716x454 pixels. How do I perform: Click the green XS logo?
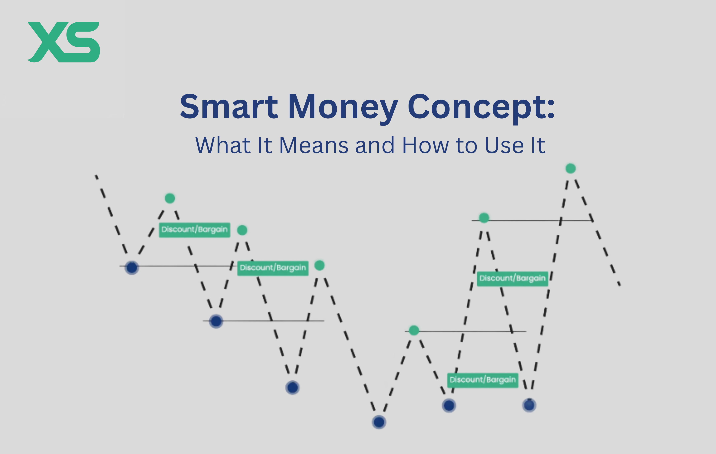point(64,42)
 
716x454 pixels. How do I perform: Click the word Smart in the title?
point(229,107)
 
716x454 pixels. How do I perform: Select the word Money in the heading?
point(343,107)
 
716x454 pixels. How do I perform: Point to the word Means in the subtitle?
point(314,146)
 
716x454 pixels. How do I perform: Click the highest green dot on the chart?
point(570,168)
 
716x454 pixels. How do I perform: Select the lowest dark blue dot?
point(379,422)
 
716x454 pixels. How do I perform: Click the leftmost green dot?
point(170,198)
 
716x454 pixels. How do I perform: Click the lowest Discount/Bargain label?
point(483,380)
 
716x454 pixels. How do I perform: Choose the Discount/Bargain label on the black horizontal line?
point(273,268)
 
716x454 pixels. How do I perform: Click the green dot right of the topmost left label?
point(242,230)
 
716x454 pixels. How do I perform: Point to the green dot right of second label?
point(319,265)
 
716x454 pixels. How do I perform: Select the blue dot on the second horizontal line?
point(216,321)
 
